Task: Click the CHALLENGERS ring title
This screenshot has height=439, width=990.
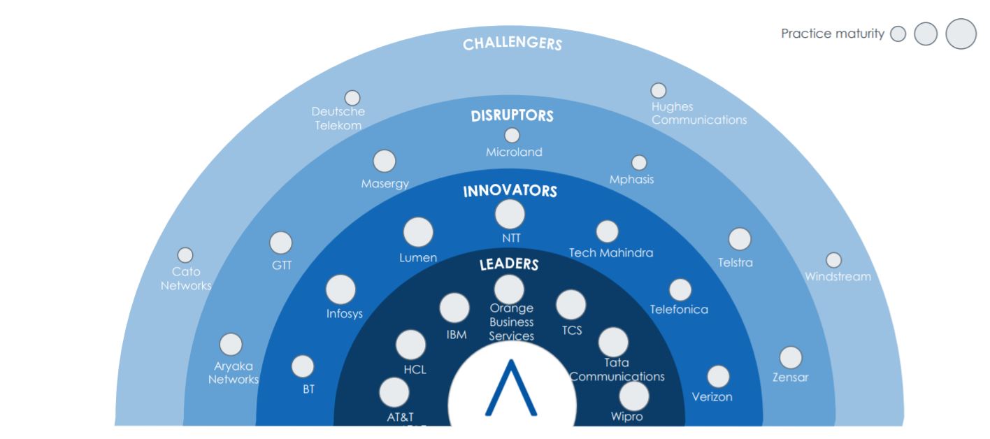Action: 512,44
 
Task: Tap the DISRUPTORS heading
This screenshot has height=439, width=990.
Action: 512,115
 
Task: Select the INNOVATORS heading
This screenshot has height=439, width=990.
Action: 510,190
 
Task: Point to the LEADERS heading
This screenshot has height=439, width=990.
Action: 509,264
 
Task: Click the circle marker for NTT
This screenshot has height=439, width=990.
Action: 510,214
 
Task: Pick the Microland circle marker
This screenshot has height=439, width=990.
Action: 512,136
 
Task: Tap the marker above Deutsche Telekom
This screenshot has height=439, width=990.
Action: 353,98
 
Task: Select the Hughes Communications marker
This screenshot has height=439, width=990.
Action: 658,91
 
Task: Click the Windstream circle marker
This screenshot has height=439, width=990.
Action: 833,260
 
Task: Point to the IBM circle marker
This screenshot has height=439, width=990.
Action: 454,307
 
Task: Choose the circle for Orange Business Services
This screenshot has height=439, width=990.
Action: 509,289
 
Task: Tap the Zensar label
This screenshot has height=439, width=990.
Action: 790,378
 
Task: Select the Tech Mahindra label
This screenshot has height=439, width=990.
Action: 611,253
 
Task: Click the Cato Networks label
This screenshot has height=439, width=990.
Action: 186,278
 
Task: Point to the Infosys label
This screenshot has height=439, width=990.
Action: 345,314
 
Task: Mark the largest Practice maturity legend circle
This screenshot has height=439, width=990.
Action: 961,34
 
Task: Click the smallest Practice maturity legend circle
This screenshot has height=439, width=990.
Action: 898,34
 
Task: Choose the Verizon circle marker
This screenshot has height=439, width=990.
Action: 718,377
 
